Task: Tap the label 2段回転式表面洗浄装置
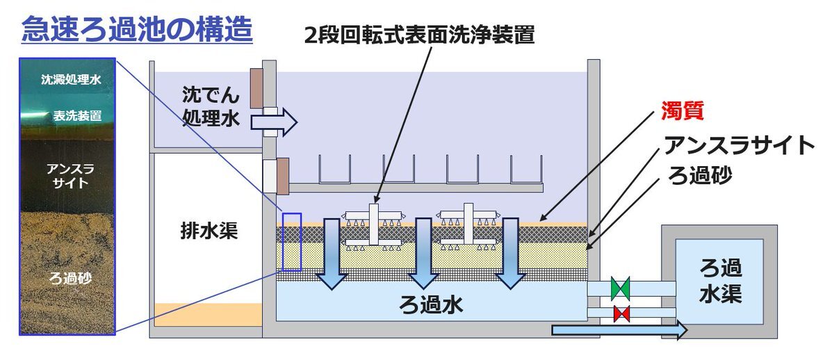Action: [x=419, y=34]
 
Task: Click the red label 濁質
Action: [x=682, y=111]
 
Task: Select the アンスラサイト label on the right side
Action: [x=739, y=145]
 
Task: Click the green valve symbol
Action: [x=620, y=288]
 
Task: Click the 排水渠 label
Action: [x=207, y=231]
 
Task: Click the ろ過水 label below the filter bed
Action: [x=430, y=304]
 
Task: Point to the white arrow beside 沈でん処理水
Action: [x=273, y=123]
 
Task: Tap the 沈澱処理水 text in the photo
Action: [x=67, y=80]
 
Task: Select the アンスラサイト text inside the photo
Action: [x=67, y=176]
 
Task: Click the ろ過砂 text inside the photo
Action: [x=67, y=279]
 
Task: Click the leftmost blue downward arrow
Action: [x=332, y=253]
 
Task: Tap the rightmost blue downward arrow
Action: [x=510, y=253]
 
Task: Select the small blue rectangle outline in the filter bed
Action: [x=291, y=240]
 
